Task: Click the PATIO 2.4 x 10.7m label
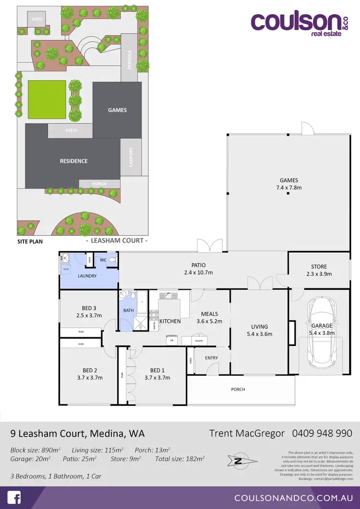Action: [x=198, y=269]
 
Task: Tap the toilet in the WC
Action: [x=112, y=260]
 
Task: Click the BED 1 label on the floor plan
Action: [x=157, y=374]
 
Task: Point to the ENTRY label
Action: [x=211, y=358]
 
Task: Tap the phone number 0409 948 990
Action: [x=322, y=433]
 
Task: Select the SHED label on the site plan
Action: [x=36, y=19]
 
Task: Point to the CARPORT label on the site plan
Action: [x=131, y=157]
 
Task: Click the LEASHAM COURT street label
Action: [x=116, y=240]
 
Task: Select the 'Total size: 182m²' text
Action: [x=180, y=459]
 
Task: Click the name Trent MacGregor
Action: [x=247, y=433]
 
